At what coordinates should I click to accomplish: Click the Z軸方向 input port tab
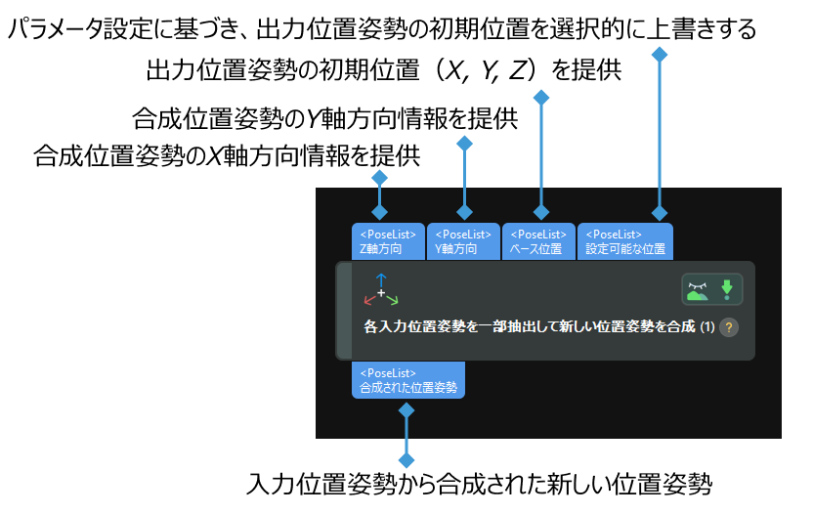388,241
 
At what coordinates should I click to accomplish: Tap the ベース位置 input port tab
538,241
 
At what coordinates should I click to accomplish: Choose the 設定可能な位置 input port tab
624,241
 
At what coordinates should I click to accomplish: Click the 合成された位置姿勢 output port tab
407,380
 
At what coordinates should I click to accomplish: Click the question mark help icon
728,327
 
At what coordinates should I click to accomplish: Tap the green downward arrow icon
726,289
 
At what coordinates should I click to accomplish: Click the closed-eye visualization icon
698,289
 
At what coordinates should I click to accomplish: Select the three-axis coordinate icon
381,290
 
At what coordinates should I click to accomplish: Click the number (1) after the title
706,327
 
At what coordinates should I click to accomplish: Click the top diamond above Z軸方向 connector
379,178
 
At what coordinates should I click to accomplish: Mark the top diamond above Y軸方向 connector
464,144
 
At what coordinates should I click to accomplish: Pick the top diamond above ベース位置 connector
540,98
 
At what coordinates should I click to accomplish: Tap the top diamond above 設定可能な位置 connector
659,54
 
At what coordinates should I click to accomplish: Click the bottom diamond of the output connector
406,459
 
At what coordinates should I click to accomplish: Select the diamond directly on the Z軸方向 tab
379,212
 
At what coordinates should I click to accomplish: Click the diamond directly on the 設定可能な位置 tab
659,212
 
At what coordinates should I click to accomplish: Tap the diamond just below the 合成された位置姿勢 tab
406,410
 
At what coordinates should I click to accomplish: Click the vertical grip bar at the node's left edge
343,311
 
